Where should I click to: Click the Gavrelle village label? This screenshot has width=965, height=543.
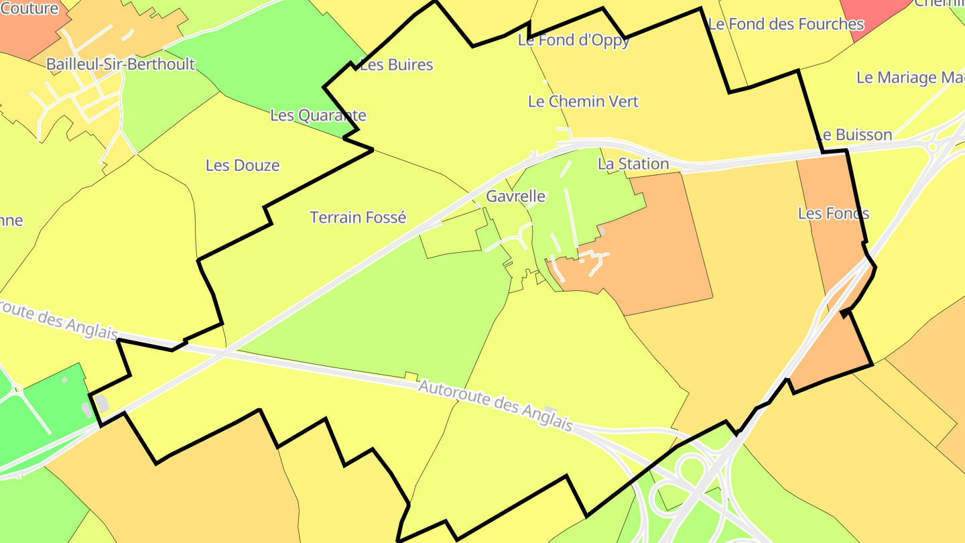[x=515, y=197]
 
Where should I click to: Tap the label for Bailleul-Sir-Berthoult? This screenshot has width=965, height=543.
[x=121, y=64]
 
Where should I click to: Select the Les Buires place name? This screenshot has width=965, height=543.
[x=397, y=65]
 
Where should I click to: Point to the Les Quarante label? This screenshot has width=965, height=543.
[x=318, y=115]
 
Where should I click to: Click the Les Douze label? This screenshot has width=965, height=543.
[x=243, y=166]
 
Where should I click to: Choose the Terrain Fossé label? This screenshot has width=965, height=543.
[x=358, y=218]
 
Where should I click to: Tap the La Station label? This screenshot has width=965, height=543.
[x=633, y=164]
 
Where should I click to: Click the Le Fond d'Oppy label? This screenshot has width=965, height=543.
[x=574, y=40]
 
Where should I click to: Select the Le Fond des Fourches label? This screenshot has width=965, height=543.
[x=786, y=25]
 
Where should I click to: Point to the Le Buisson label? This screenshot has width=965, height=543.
[x=854, y=135]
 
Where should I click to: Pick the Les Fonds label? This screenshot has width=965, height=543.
[x=834, y=214]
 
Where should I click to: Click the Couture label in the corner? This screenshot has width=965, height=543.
[x=29, y=9]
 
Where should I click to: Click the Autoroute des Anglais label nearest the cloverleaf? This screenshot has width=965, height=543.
[x=495, y=406]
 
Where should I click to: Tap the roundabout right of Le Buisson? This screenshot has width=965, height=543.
[x=932, y=146]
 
